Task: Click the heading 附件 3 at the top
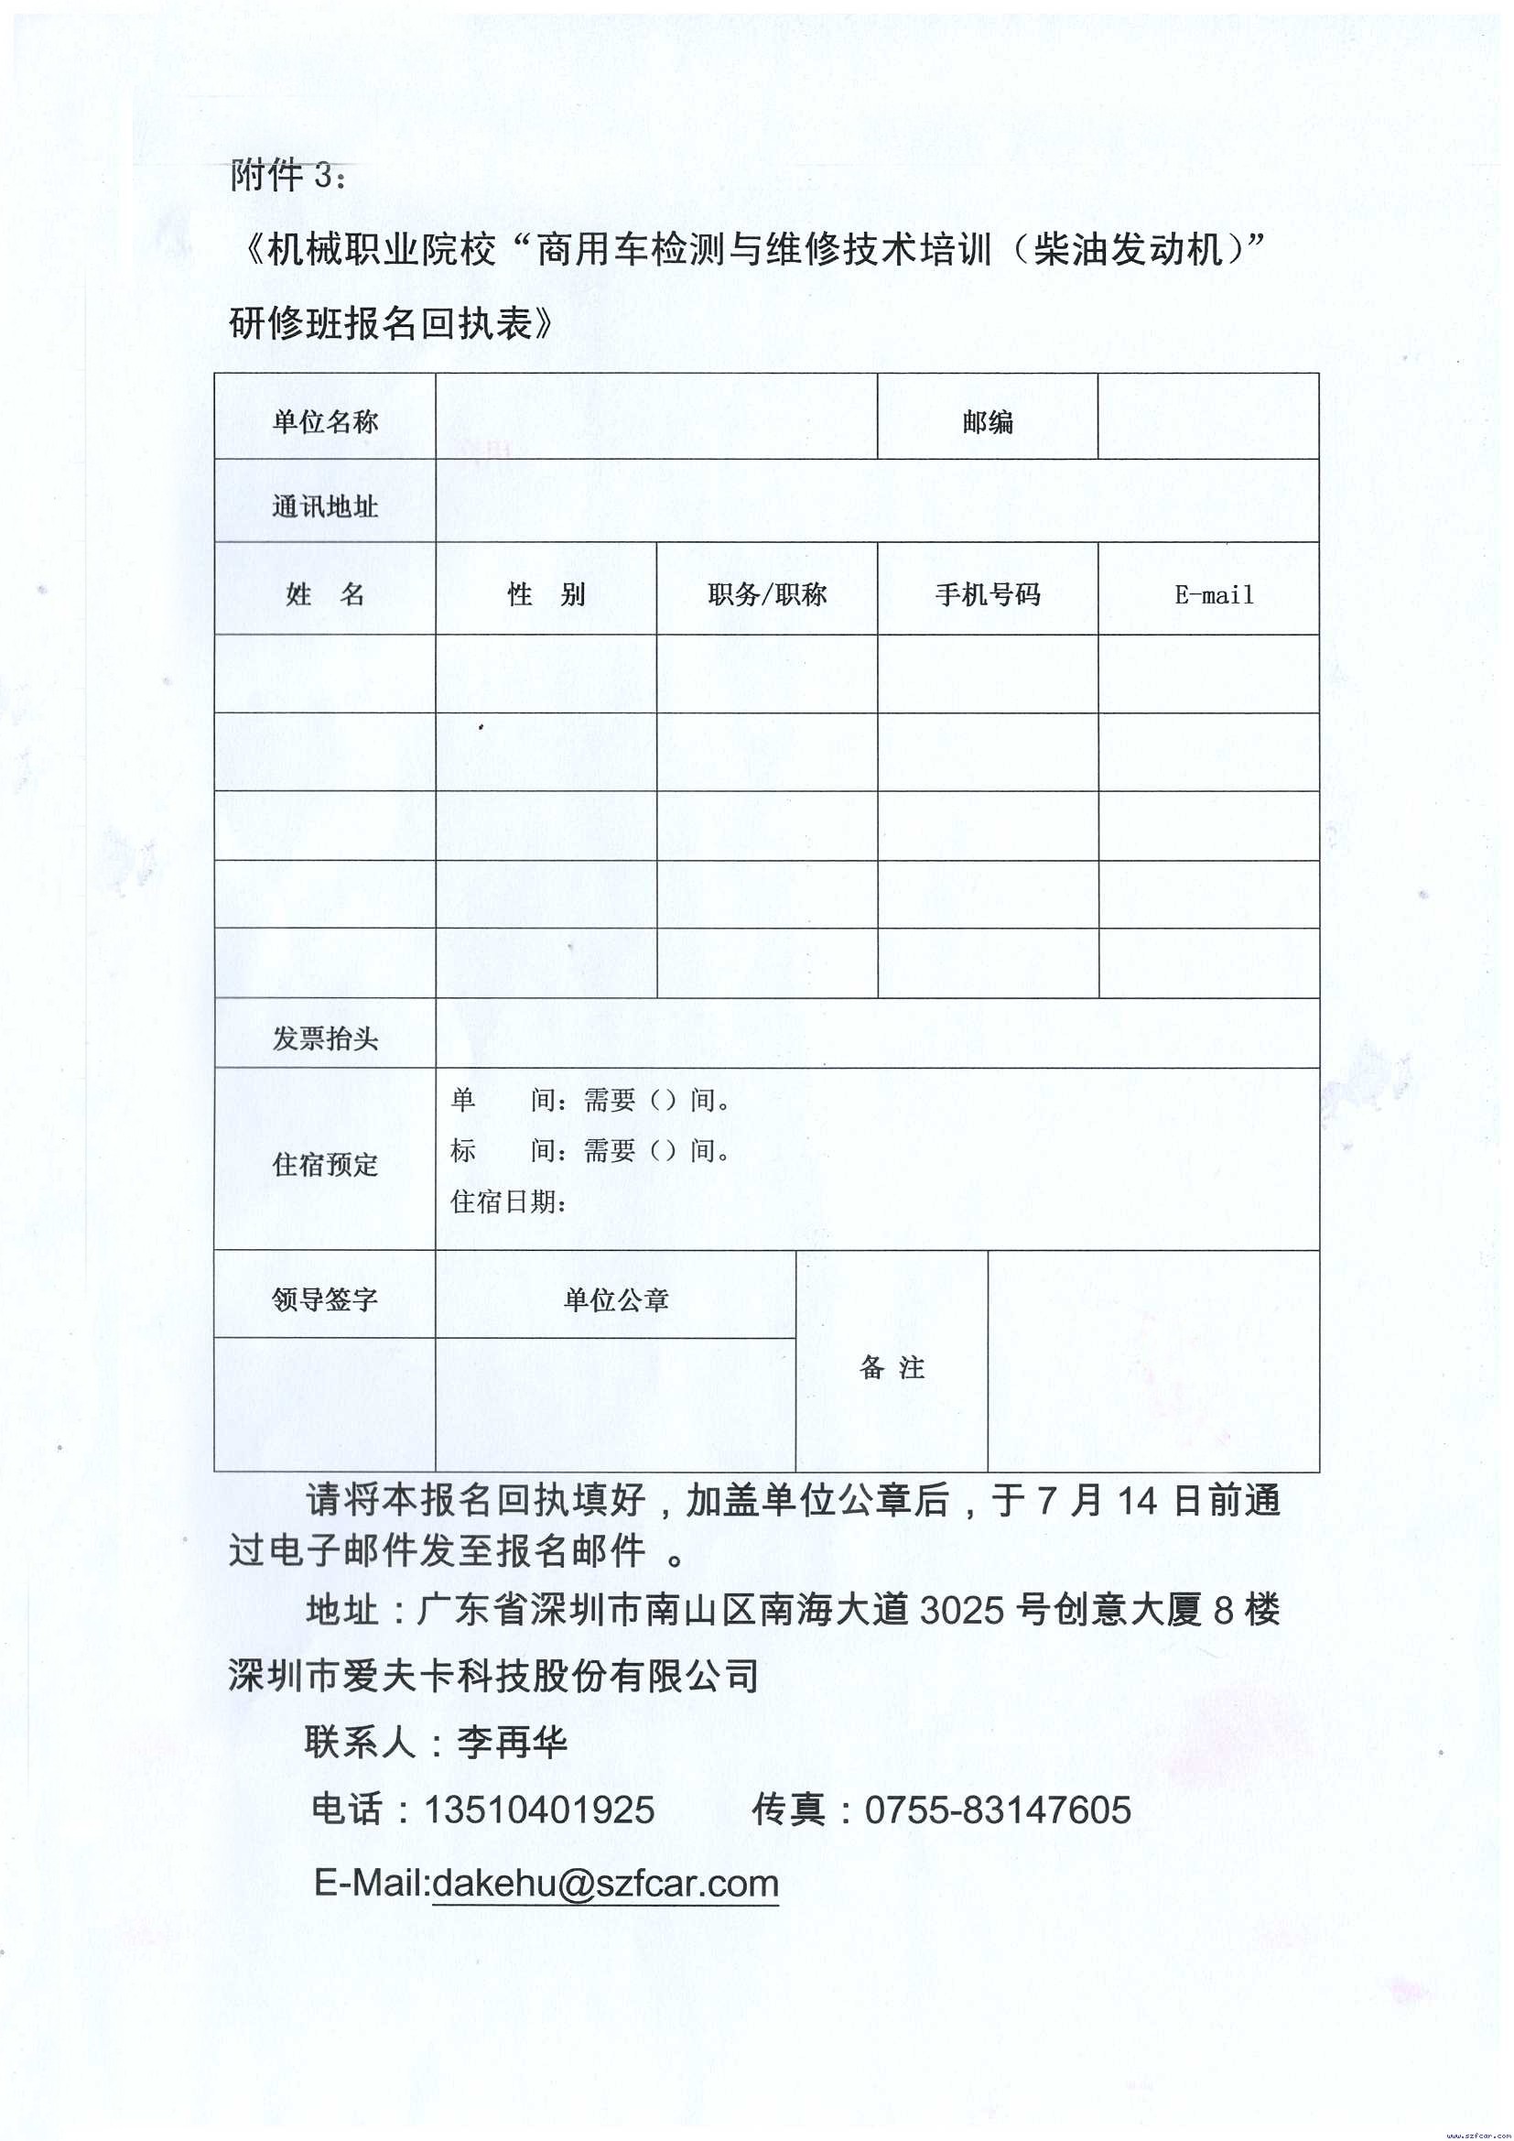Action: (x=288, y=174)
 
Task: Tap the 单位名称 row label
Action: (x=324, y=422)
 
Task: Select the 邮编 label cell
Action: (x=988, y=422)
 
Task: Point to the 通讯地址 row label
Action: (x=324, y=506)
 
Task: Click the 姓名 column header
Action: (x=324, y=594)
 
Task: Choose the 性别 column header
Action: (x=546, y=594)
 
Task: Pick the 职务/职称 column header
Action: (x=766, y=594)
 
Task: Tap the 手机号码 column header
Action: (x=988, y=594)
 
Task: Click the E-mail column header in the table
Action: (x=1214, y=594)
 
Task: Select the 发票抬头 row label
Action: (x=324, y=1038)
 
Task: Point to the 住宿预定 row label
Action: (x=324, y=1164)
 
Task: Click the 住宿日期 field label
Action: (x=509, y=1202)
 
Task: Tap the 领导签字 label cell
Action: (x=324, y=1299)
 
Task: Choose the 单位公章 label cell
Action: (x=615, y=1299)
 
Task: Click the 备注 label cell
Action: (x=892, y=1368)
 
